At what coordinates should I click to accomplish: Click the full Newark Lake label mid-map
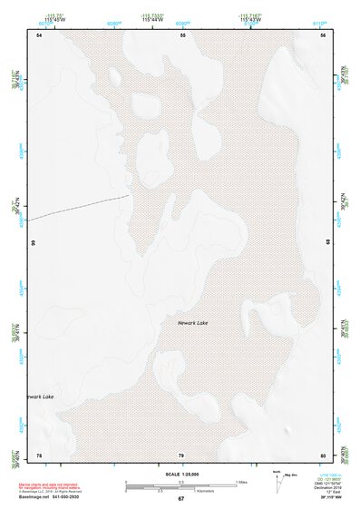[x=195, y=323]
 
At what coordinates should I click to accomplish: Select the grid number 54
[x=39, y=34]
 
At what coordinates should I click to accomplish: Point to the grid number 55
[x=182, y=34]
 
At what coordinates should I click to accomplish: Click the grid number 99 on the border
[x=33, y=244]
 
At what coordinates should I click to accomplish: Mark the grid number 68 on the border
[x=327, y=242]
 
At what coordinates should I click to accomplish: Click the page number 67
[x=180, y=499]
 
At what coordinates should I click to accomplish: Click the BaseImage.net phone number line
[x=50, y=497]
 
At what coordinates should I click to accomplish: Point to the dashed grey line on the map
[x=77, y=208]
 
